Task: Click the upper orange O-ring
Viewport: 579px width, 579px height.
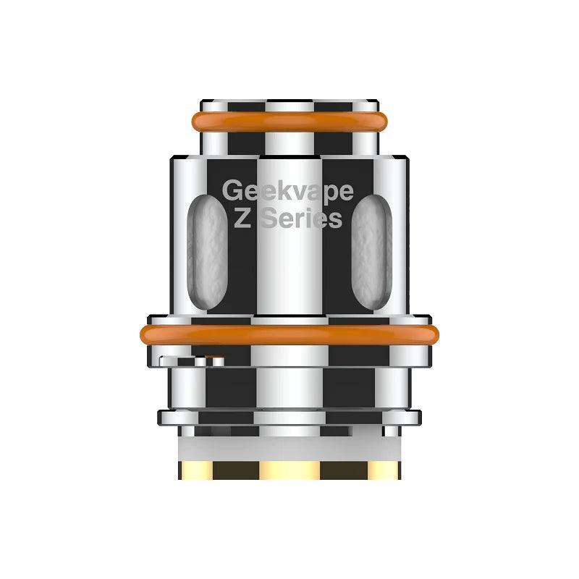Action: click(289, 121)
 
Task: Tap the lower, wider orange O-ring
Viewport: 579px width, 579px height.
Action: click(289, 334)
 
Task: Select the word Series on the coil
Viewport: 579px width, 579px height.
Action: click(301, 218)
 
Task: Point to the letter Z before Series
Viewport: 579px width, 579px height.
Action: click(242, 218)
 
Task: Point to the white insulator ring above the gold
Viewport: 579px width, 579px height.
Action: click(289, 442)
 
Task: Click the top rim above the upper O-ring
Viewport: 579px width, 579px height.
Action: click(289, 104)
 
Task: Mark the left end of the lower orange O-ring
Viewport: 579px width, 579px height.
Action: click(145, 334)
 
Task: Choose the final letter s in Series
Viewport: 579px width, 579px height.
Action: click(334, 219)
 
